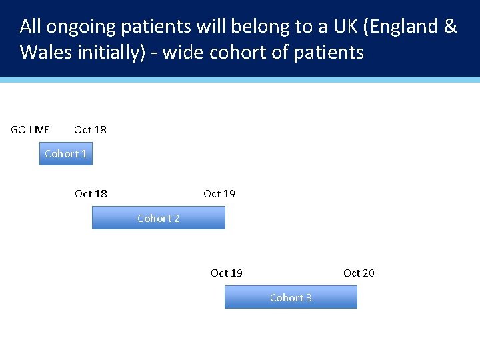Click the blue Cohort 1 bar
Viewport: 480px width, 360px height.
point(65,154)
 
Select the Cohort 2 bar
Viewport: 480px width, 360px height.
point(158,218)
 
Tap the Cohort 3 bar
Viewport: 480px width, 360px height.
point(291,297)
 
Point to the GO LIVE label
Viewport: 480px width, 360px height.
point(30,129)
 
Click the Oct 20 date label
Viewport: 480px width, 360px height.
point(359,273)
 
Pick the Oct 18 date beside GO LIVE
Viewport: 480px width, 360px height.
point(90,129)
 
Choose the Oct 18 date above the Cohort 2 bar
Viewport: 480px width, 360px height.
point(91,193)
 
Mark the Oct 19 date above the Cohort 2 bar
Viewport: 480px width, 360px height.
point(219,193)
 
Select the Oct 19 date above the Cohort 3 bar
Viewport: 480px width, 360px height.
point(227,273)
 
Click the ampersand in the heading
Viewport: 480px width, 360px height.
point(450,27)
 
